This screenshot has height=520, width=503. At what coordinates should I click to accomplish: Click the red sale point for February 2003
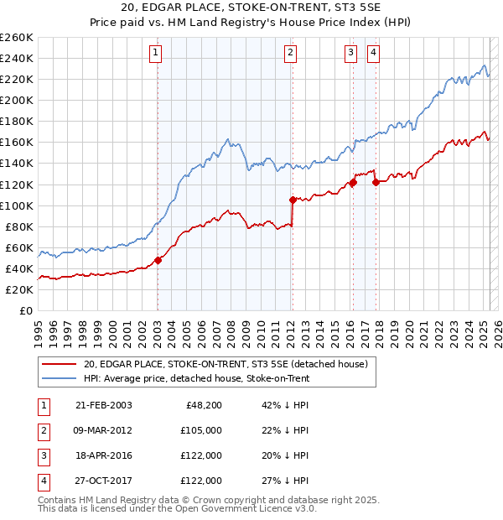click(158, 260)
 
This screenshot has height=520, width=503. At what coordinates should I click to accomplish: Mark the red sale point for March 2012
click(292, 200)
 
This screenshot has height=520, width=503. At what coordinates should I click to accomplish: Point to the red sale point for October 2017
click(375, 182)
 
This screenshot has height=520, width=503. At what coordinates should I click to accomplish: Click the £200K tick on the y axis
click(17, 100)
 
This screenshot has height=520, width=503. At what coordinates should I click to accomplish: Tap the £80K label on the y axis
click(19, 226)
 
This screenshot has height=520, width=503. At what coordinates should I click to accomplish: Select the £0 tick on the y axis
click(27, 310)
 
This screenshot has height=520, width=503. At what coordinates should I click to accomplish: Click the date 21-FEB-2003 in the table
click(103, 405)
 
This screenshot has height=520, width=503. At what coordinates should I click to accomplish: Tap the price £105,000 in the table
click(202, 430)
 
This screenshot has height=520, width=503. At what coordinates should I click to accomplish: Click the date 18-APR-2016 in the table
click(103, 455)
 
